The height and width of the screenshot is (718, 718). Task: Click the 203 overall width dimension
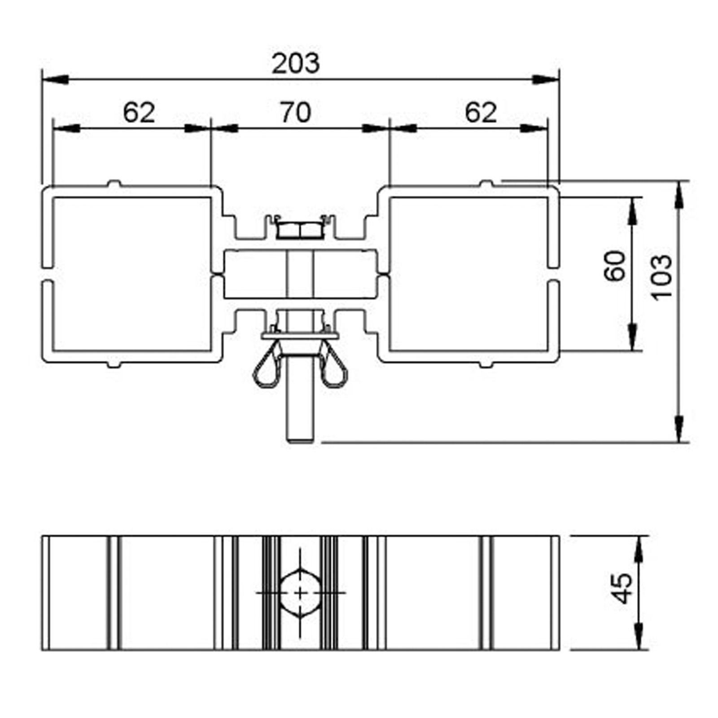pyautogui.click(x=296, y=64)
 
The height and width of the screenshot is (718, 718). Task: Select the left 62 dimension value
pyautogui.click(x=139, y=113)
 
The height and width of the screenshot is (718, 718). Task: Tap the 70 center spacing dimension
pyautogui.click(x=296, y=113)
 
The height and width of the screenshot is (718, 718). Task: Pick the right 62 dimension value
pyautogui.click(x=481, y=113)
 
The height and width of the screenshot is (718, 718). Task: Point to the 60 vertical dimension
pyautogui.click(x=615, y=266)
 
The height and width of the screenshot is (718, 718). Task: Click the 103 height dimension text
pyautogui.click(x=661, y=276)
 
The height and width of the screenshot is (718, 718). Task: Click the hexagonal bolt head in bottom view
pyautogui.click(x=301, y=593)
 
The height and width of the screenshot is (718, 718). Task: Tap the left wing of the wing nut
pyautogui.click(x=268, y=364)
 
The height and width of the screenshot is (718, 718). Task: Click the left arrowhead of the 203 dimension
pyautogui.click(x=55, y=79)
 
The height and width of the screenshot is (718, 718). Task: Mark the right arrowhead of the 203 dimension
pyautogui.click(x=546, y=79)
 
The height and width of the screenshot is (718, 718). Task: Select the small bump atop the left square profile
pyautogui.click(x=114, y=183)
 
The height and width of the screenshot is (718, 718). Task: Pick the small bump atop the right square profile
pyautogui.click(x=486, y=183)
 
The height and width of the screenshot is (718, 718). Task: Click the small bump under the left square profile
pyautogui.click(x=114, y=364)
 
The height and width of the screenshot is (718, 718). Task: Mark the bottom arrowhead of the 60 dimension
pyautogui.click(x=632, y=337)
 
